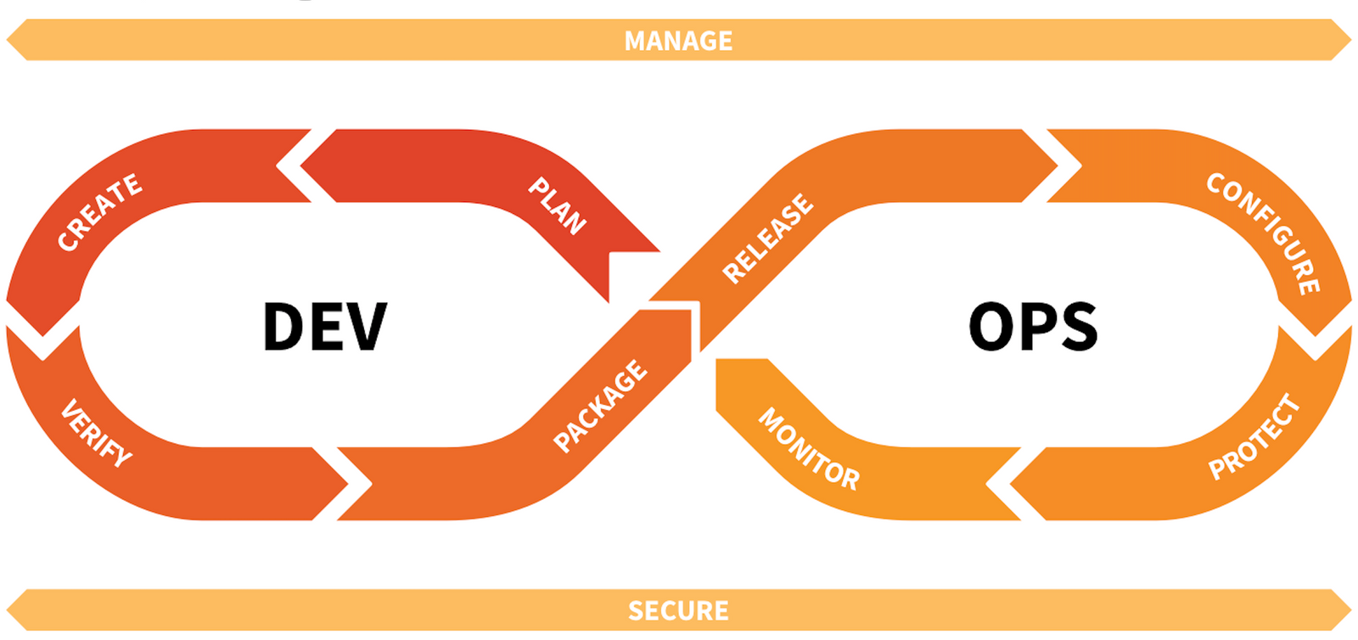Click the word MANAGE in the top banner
[678, 41]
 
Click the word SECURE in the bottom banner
[678, 610]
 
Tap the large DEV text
[325, 327]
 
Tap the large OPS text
[1033, 327]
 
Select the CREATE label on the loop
[99, 212]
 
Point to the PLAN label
[557, 206]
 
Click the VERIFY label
[96, 433]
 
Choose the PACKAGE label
[600, 406]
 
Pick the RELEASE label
[767, 239]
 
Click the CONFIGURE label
[1264, 233]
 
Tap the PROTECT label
[1254, 437]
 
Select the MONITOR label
[808, 449]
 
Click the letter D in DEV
[283, 327]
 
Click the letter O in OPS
[991, 327]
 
